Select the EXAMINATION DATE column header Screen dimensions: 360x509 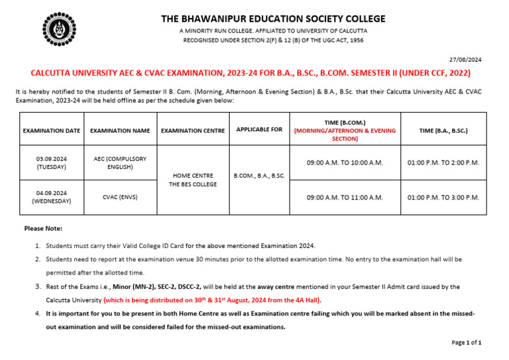pyautogui.click(x=52, y=131)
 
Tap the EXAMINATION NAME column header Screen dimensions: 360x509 pyautogui.click(x=120, y=131)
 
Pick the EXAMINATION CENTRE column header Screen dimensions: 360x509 pyautogui.click(x=193, y=131)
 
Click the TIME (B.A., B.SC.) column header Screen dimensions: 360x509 pyautogui.click(x=443, y=131)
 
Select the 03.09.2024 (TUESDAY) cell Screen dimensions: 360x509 pyautogui.click(x=52, y=163)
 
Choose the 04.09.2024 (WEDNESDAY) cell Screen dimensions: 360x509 pyautogui.click(x=52, y=197)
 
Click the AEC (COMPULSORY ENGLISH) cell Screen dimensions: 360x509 pyautogui.click(x=120, y=163)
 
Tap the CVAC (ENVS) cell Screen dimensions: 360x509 pyautogui.click(x=120, y=197)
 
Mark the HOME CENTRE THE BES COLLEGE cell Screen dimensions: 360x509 pyautogui.click(x=193, y=180)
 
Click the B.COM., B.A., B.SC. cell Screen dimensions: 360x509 pyautogui.click(x=259, y=176)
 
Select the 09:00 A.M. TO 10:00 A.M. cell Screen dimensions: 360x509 pyautogui.click(x=345, y=163)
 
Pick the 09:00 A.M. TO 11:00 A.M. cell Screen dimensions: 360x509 pyautogui.click(x=345, y=197)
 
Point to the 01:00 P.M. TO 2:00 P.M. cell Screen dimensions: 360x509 pyautogui.click(x=443, y=163)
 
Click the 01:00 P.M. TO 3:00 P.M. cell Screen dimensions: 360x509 pyautogui.click(x=443, y=197)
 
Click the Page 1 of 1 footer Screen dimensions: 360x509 pyautogui.click(x=467, y=343)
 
